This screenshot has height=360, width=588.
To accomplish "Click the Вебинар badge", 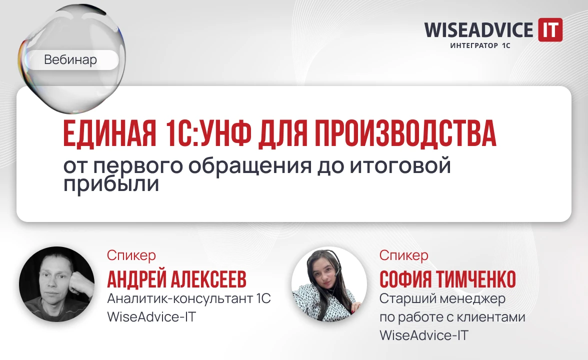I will click(x=70, y=60).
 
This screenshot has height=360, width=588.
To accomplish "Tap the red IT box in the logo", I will click(x=550, y=30).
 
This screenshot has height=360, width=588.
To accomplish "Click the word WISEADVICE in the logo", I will click(x=478, y=30).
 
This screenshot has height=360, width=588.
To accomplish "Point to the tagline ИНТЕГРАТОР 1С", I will click(x=480, y=45).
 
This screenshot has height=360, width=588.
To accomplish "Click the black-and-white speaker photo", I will click(x=56, y=284).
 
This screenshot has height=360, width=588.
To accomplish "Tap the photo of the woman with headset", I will click(x=329, y=284).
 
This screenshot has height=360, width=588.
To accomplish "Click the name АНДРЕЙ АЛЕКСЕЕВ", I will click(x=176, y=280).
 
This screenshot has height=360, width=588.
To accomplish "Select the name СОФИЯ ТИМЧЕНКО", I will click(x=447, y=280).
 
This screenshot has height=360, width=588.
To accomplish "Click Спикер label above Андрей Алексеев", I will click(x=131, y=255).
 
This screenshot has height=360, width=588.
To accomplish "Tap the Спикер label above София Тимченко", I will click(x=403, y=255).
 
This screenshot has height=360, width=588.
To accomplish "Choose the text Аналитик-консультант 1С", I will click(x=189, y=299).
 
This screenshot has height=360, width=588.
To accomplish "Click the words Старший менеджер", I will click(x=442, y=299).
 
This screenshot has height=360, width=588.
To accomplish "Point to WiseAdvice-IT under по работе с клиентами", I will click(x=424, y=335).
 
